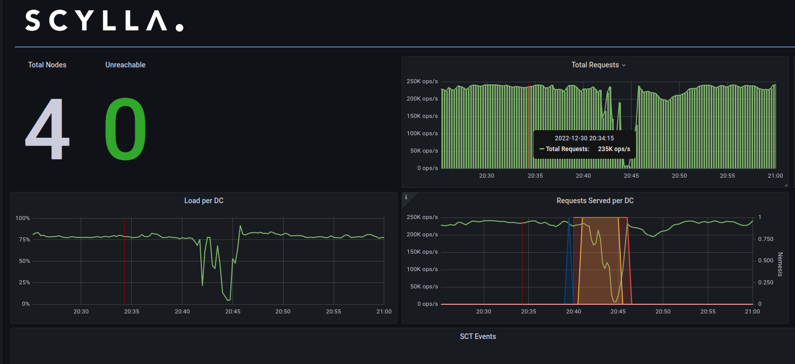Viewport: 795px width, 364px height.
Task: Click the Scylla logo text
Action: pos(104,21)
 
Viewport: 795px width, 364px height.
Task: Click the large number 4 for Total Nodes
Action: pos(47,129)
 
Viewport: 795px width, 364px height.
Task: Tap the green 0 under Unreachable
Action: pos(125,129)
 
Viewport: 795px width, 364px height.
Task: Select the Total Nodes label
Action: pos(47,65)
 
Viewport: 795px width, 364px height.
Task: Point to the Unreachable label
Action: pos(125,65)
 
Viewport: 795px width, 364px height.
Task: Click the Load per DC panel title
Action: pos(203,201)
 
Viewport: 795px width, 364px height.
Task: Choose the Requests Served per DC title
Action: pos(595,201)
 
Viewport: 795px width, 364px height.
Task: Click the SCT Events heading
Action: pos(478,336)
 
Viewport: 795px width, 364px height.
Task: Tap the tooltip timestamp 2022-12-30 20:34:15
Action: pos(584,138)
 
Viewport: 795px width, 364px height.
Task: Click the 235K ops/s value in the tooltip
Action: pos(614,149)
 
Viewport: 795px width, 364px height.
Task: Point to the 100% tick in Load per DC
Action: pos(23,218)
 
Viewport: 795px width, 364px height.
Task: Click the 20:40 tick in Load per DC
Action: pos(182,311)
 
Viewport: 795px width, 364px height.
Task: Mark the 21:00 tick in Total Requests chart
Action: pos(775,176)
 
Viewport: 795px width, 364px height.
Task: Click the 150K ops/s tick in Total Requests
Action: pos(422,116)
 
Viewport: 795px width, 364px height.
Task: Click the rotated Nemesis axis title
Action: pos(780,264)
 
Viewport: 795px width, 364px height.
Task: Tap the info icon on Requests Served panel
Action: pos(406,197)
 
